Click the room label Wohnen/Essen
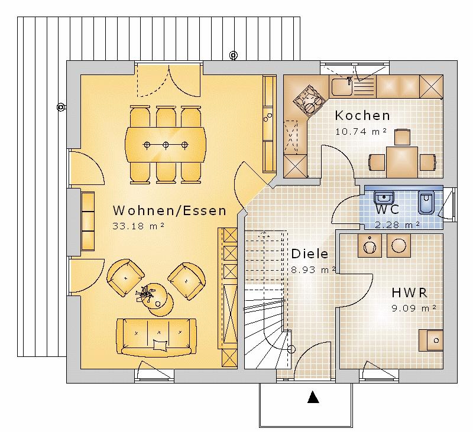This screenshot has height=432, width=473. pos(169,210)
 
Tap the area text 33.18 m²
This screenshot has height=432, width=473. pos(138,226)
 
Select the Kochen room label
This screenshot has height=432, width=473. pos(362,115)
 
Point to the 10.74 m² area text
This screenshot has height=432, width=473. pos(361,131)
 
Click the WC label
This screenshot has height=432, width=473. pos(387,209)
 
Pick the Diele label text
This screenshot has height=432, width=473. pos(309,254)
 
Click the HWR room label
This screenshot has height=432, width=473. pos(409,293)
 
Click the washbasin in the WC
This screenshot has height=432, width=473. pos(384,196)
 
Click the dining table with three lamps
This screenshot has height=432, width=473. pos(166,144)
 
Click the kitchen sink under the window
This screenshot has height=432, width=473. pos(342,87)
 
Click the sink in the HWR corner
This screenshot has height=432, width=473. pos(430,340)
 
